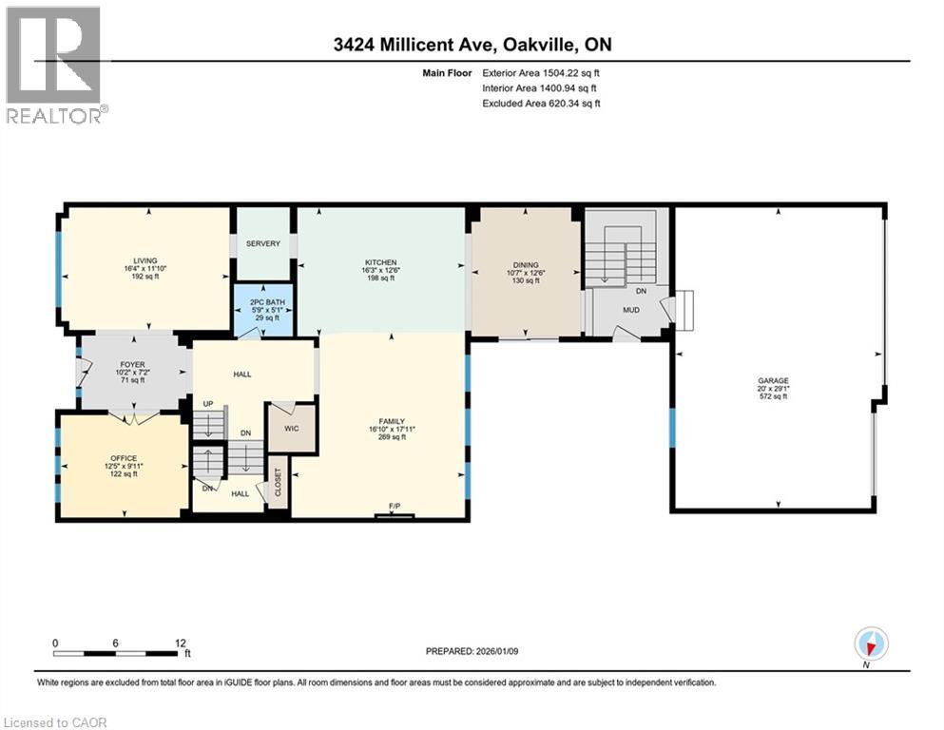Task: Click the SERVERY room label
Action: (263, 244)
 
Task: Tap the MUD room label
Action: (630, 309)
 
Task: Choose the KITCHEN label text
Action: (380, 262)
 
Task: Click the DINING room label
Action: (526, 265)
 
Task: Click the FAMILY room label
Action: (392, 421)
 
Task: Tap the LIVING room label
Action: (144, 260)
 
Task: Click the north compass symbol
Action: (871, 644)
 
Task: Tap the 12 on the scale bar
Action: (180, 643)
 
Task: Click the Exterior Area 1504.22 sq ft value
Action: (541, 72)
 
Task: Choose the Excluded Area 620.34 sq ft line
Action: (541, 103)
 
